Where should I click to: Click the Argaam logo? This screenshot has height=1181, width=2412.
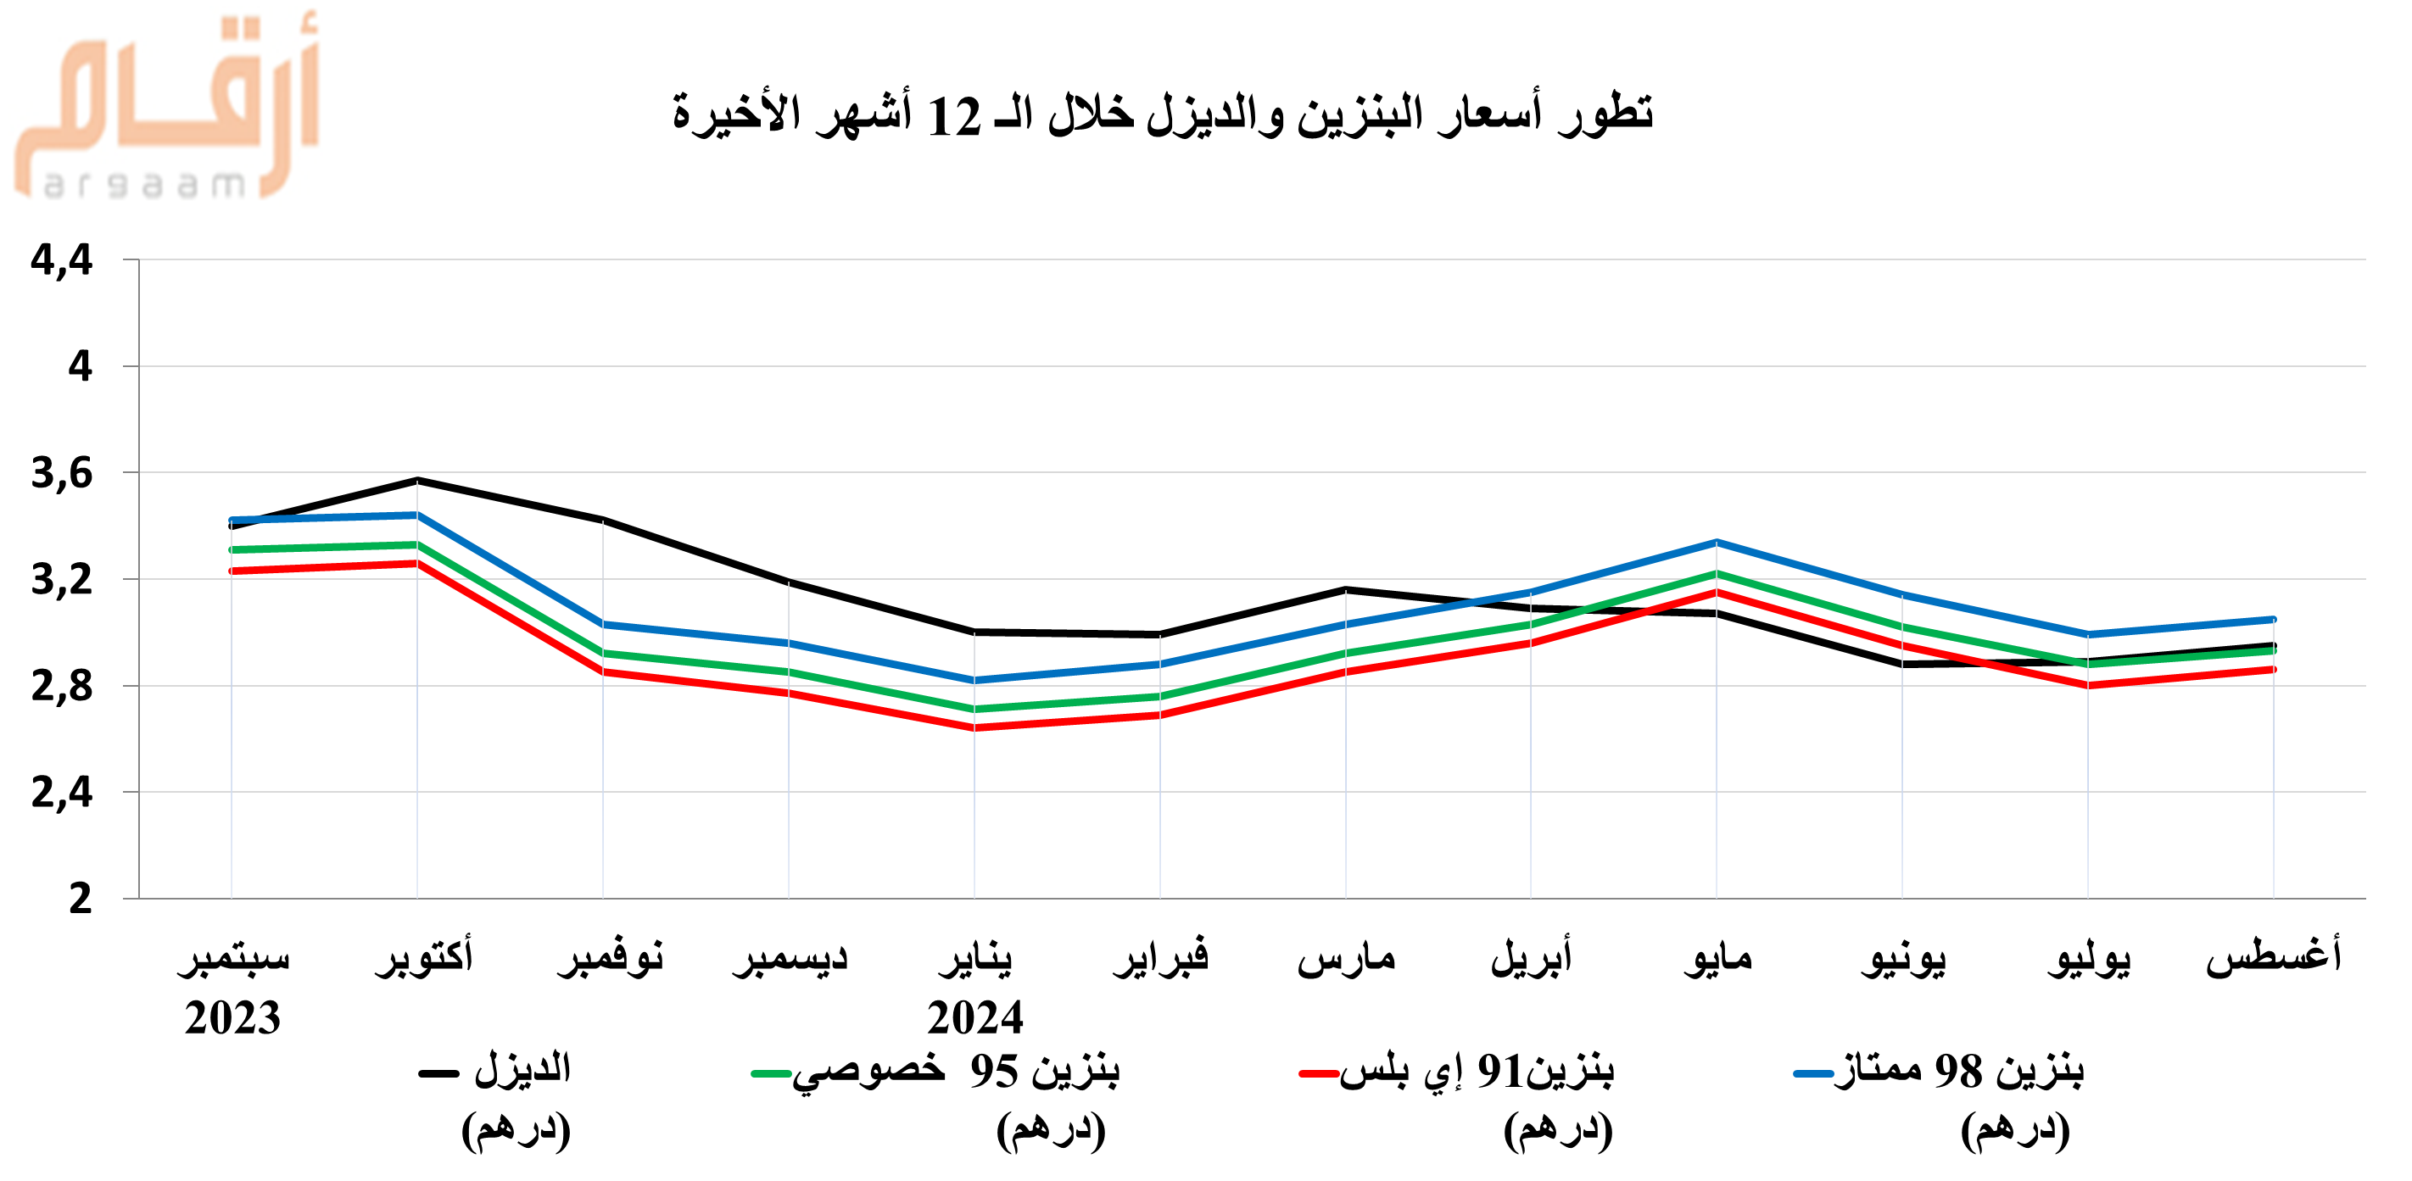(167, 108)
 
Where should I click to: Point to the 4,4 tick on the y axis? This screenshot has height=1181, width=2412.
(62, 260)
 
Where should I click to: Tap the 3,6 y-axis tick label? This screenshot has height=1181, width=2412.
(62, 474)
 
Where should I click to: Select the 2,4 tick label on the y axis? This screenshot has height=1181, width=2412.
(62, 793)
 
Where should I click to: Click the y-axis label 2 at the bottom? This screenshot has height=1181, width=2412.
(81, 899)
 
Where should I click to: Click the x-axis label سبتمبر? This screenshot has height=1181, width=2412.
(233, 957)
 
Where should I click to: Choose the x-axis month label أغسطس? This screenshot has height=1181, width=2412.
(2274, 955)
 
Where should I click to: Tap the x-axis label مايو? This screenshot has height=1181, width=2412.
(1717, 957)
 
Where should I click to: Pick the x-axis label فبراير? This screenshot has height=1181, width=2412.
(1161, 957)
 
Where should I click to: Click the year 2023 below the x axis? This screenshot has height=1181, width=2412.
(232, 1017)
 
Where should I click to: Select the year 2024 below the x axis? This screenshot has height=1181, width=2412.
(974, 1017)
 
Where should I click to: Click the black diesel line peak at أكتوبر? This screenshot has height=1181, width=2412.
(417, 480)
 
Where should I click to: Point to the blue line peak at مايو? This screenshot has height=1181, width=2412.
(1717, 542)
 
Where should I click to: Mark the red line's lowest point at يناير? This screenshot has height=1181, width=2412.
(974, 727)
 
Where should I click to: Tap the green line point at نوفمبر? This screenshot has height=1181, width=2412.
(603, 652)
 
